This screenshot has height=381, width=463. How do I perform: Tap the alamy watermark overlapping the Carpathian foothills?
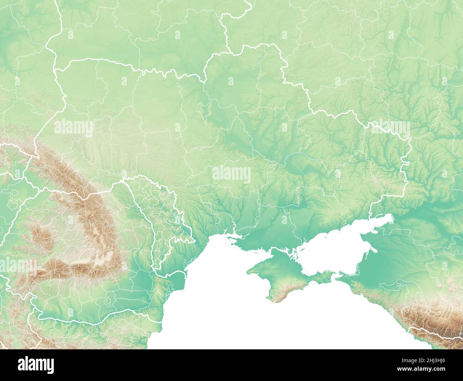click(x=73, y=126)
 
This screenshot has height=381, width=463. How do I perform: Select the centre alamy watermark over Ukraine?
click(x=231, y=175)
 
